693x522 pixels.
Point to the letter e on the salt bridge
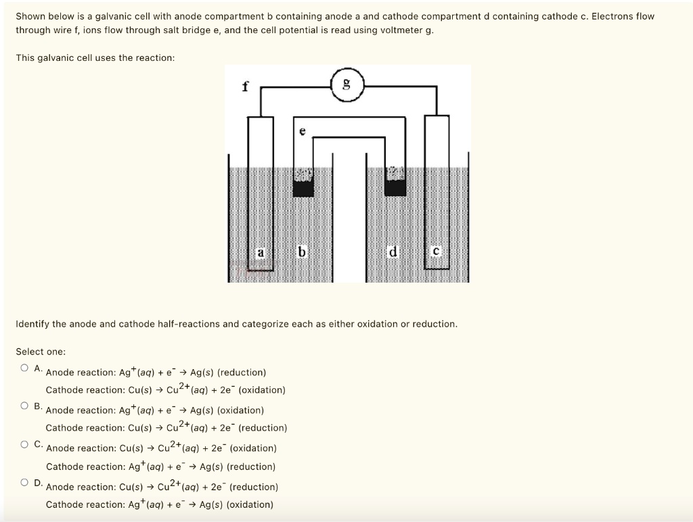tap(303, 133)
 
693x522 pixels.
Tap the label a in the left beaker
tap(260, 252)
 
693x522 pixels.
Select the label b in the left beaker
tap(303, 252)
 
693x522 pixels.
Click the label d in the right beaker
tap(393, 252)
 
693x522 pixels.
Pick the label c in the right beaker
tap(437, 252)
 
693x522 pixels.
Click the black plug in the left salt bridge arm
tap(303, 187)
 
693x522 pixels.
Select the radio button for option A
tap(24, 368)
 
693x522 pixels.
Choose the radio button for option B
tap(24, 406)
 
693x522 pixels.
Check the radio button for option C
tap(24, 444)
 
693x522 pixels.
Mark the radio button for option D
tap(24, 482)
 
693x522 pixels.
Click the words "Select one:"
tap(41, 352)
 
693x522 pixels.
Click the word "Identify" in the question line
tap(32, 324)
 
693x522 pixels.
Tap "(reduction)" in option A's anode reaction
tap(242, 373)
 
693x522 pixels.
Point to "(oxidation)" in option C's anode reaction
tap(253, 448)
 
